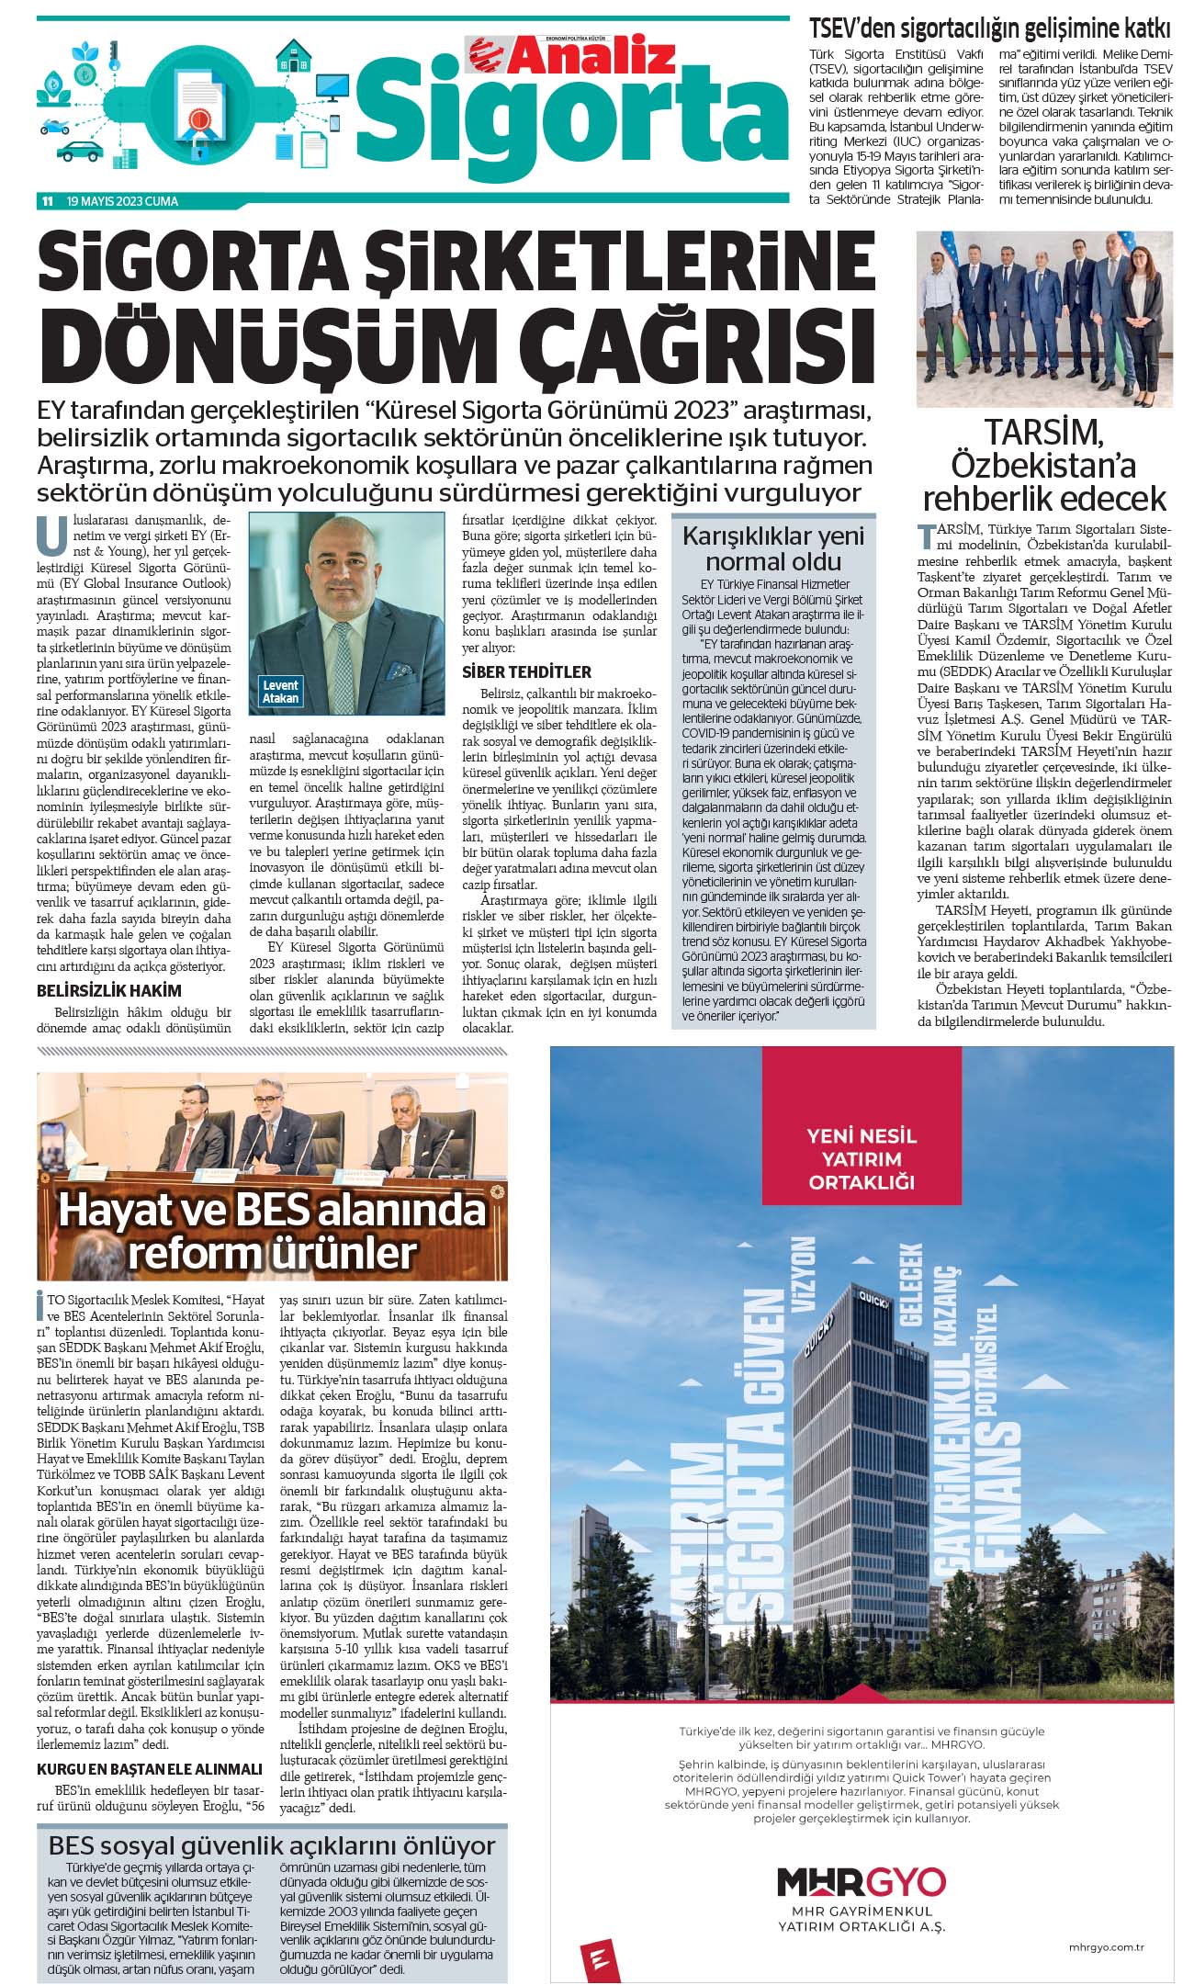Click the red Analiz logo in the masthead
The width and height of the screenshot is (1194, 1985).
point(571,57)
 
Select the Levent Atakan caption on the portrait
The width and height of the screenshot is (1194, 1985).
point(280,692)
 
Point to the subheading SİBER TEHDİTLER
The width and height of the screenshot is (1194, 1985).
point(526,671)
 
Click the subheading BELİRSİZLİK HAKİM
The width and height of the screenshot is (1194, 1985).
point(108,990)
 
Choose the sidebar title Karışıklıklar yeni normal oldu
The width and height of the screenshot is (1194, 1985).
point(773,548)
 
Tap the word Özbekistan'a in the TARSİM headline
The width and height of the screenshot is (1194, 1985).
point(1043,465)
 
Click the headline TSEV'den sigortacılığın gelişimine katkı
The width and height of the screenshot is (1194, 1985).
point(989,28)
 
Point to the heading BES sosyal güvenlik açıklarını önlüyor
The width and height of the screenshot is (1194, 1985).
point(272,1846)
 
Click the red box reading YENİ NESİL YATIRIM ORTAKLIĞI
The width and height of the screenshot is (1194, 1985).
point(861,1158)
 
